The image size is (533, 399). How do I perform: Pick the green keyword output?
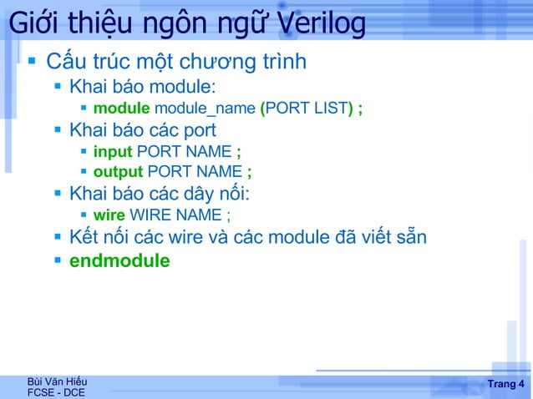(118, 172)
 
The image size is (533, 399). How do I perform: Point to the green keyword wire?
(109, 216)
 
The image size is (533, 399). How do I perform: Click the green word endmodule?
(119, 260)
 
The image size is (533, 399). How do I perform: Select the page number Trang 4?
(505, 384)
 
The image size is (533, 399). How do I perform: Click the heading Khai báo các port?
(143, 130)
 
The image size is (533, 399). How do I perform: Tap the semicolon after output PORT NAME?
(249, 172)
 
